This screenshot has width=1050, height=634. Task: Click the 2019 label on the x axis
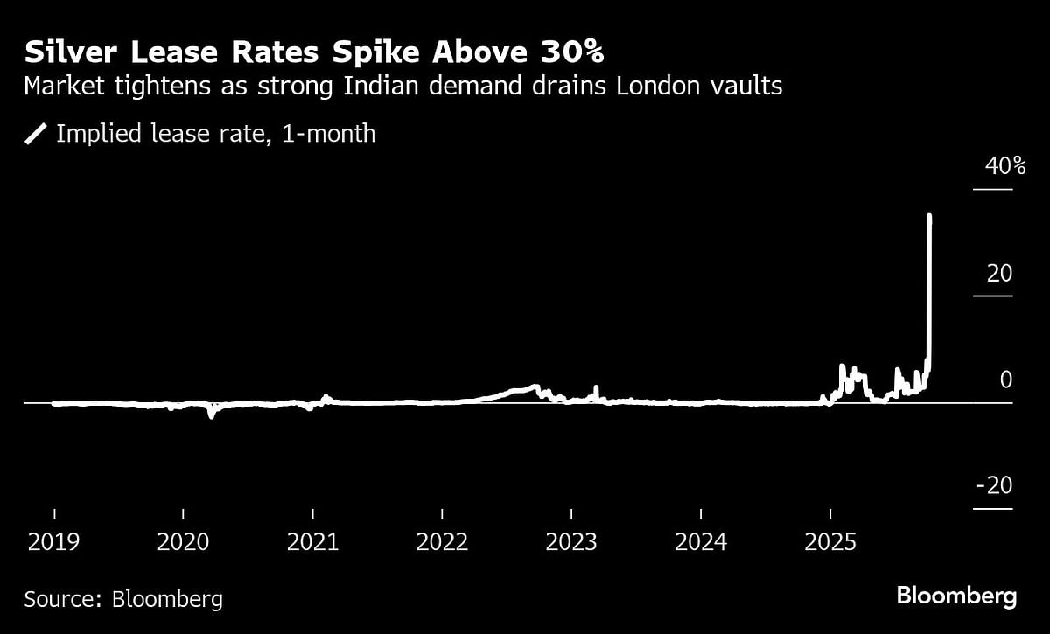(x=53, y=542)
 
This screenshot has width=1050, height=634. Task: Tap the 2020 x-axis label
(x=183, y=542)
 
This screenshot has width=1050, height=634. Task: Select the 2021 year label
(x=312, y=542)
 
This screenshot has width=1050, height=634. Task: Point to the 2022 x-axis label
(x=442, y=542)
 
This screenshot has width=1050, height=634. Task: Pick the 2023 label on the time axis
(x=571, y=542)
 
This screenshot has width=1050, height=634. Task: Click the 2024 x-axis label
(x=701, y=542)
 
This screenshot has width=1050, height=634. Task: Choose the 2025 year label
(x=830, y=542)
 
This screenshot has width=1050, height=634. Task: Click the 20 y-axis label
(x=998, y=274)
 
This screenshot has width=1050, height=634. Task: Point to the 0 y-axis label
(x=1005, y=380)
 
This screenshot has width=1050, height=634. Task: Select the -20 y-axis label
(x=994, y=487)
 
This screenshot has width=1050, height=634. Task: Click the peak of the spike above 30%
(x=928, y=216)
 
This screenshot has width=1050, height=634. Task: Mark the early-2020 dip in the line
(x=211, y=415)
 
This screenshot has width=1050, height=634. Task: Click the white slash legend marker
(x=36, y=134)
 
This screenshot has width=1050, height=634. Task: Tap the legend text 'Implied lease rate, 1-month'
(x=215, y=134)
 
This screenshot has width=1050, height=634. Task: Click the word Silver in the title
(x=72, y=53)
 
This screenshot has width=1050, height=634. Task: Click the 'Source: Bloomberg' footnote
(x=123, y=599)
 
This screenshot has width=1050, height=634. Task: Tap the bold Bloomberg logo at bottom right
(x=956, y=597)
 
